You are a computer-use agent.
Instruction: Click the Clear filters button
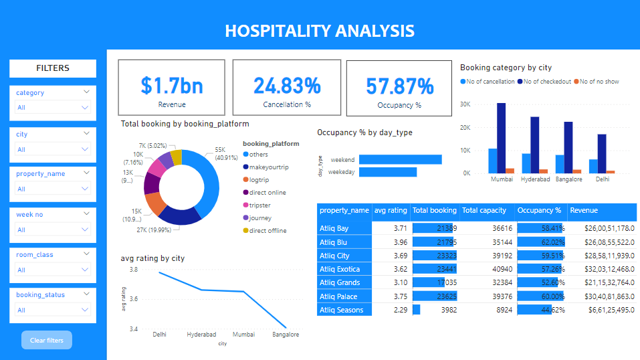46,340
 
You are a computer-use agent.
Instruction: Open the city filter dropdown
53,149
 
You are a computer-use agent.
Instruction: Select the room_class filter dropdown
53,270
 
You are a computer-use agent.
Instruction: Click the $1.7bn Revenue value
171,86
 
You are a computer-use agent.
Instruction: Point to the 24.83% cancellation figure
286,86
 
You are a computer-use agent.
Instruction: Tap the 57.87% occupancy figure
400,86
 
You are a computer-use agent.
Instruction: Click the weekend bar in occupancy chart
400,159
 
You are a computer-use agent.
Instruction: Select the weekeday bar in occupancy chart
388,172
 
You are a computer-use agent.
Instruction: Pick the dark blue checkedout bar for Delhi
602,154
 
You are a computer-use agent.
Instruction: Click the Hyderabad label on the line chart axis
202,334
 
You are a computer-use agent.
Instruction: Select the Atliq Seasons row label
342,310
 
